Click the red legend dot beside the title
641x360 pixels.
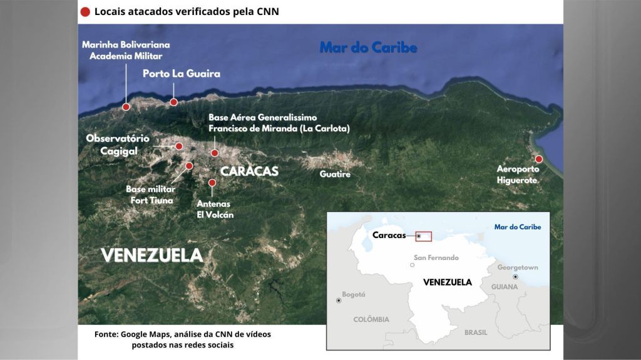coord(85,11)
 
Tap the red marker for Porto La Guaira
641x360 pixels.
coord(174,102)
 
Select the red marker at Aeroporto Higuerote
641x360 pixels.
coord(539,159)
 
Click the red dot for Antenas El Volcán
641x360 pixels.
coord(212,182)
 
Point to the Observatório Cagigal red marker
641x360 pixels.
coord(179,146)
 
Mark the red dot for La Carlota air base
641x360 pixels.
coord(214,153)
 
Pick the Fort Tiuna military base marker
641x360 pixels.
coord(189,166)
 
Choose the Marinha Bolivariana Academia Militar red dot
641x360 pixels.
coord(126,107)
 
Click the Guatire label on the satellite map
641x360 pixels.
coord(335,174)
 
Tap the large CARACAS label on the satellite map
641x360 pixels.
coord(249,171)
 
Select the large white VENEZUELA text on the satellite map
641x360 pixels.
coord(152,255)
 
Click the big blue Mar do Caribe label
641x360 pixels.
coord(368,47)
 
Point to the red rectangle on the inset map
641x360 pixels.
coord(424,236)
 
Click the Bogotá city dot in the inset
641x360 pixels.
coord(339,301)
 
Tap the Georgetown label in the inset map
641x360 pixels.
coord(518,267)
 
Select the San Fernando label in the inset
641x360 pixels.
coord(436,257)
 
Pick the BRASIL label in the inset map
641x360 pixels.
coord(476,332)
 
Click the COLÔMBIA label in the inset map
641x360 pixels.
coord(371,319)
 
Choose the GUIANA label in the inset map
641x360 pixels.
coord(505,287)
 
